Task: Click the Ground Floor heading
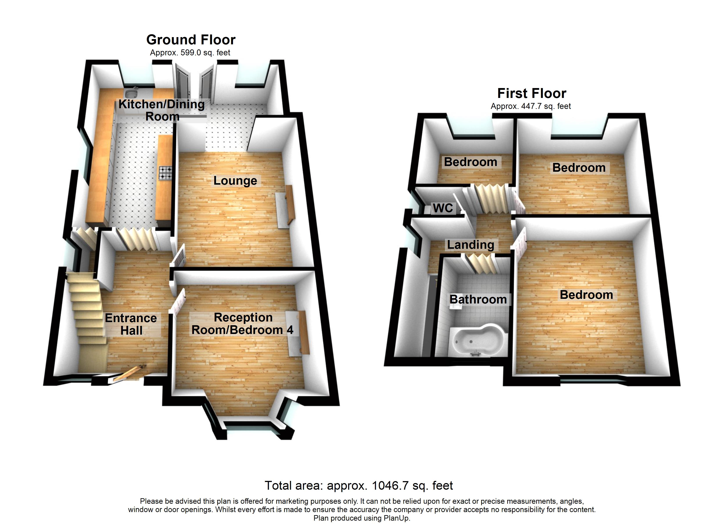click(191, 40)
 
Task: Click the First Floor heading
click(532, 94)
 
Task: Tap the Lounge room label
click(235, 181)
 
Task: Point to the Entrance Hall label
click(131, 324)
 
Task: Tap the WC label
click(443, 208)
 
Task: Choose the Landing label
click(471, 245)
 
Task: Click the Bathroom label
click(478, 300)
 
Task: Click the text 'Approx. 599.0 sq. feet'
click(190, 53)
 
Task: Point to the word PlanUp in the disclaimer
click(396, 518)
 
